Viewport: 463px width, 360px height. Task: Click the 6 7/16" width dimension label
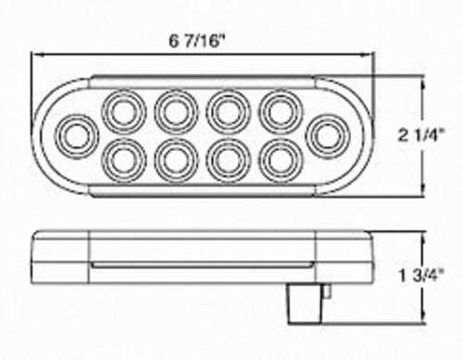coord(195,41)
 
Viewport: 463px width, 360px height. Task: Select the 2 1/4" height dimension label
coord(421,135)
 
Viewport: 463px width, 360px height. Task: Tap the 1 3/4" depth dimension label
coord(421,276)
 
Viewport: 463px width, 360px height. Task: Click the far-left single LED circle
coord(77,136)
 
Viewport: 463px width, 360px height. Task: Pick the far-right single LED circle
coord(328,136)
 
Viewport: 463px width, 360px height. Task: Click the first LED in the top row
coord(124,112)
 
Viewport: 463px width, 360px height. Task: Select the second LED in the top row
coord(176,112)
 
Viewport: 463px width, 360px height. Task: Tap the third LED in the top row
coord(229,112)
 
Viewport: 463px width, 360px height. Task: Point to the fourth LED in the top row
coord(281,112)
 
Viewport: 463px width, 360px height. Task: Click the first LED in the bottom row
coord(124,161)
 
